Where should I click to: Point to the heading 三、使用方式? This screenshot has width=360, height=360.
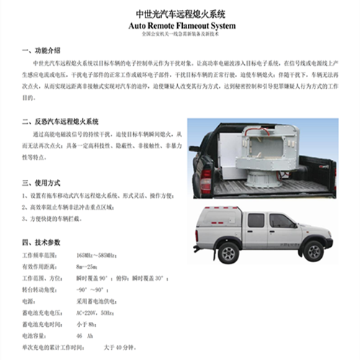[42, 183]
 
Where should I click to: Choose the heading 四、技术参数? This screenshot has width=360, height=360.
[42, 243]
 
